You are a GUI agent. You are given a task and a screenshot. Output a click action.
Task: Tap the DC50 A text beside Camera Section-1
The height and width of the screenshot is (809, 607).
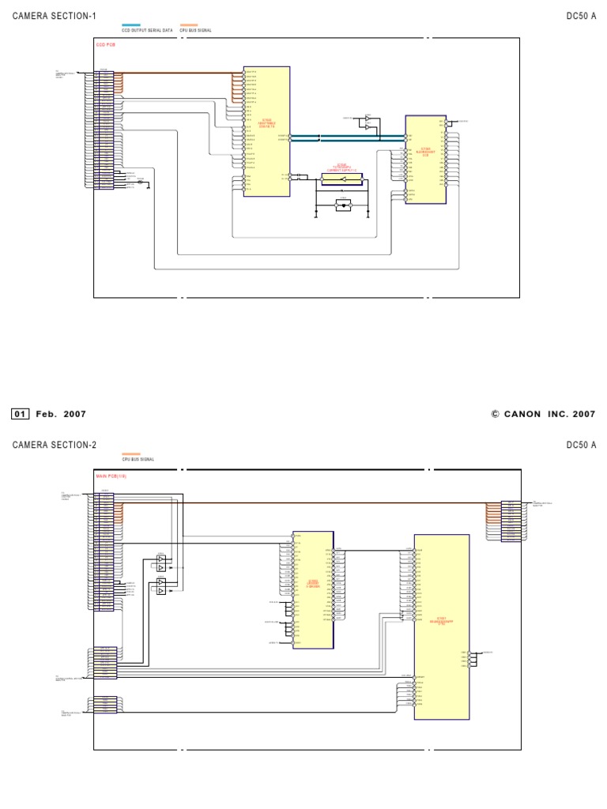(581, 16)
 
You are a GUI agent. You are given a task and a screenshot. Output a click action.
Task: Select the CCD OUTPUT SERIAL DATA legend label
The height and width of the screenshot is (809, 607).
(147, 30)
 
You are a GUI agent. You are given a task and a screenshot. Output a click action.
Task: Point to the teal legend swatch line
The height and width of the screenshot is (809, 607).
(131, 25)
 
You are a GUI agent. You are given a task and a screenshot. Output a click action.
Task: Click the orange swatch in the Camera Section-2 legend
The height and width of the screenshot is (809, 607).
(131, 454)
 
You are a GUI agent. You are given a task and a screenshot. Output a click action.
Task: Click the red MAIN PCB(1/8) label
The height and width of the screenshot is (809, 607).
(111, 476)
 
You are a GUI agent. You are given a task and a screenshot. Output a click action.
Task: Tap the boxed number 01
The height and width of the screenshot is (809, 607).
(21, 414)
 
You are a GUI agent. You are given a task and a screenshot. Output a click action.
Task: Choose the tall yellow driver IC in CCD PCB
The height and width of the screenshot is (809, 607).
(266, 131)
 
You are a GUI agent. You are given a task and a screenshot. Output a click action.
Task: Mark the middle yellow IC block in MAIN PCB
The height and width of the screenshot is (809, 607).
(312, 589)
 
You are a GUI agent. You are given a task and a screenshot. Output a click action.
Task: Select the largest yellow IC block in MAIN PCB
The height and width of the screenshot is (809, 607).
(442, 627)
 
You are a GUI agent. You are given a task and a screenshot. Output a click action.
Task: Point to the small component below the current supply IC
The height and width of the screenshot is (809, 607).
(343, 205)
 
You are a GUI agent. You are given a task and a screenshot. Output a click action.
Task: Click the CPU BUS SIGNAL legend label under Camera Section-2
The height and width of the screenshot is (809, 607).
(138, 459)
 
